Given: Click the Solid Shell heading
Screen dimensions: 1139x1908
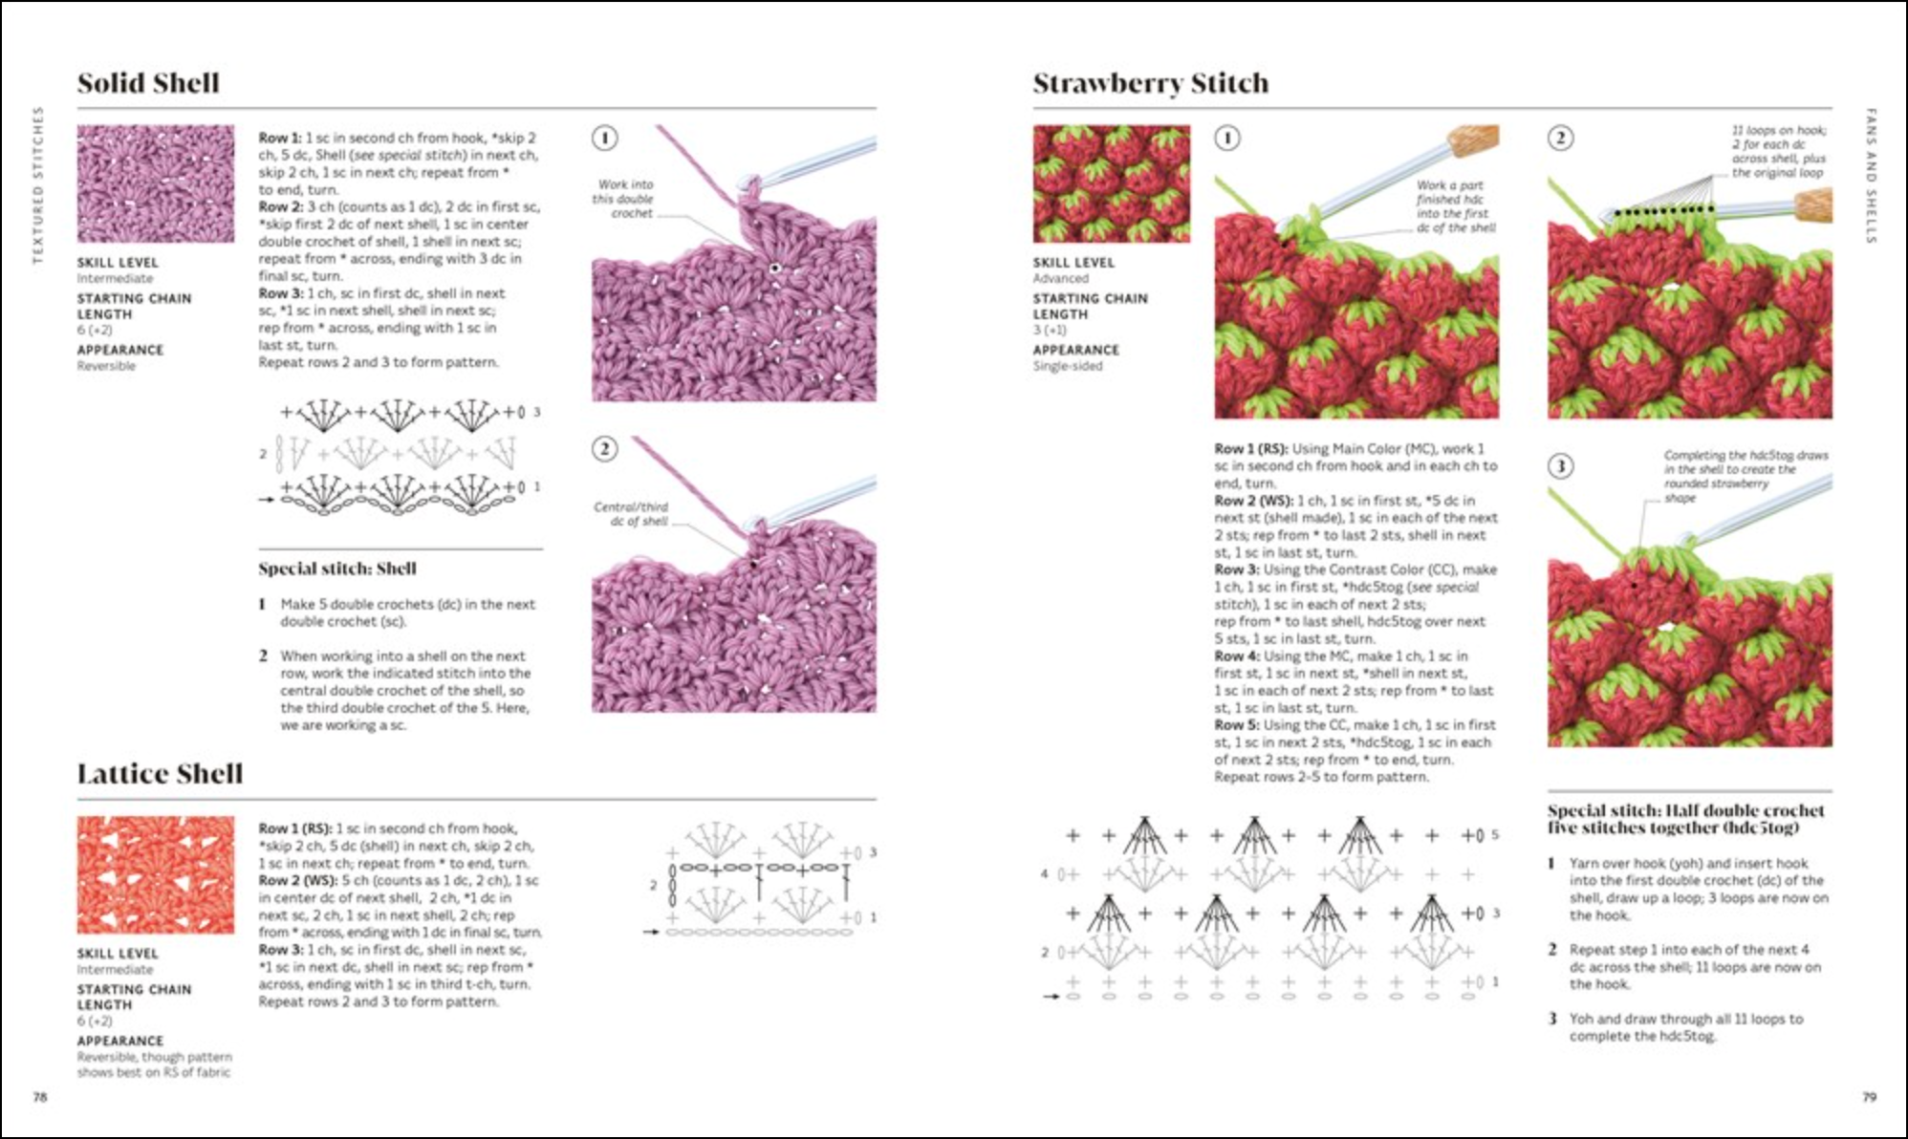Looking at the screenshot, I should [148, 83].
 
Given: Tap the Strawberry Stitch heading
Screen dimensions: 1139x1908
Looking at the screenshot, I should [1150, 83].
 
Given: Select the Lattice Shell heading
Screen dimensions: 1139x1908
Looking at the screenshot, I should [160, 773].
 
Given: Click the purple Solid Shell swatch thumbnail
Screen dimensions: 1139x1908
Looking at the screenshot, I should [155, 183].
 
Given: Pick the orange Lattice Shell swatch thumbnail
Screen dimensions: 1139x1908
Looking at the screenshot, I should [155, 874].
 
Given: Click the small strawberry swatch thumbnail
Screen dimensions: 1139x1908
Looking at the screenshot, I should [1111, 183].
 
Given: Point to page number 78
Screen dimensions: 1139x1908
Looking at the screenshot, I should [40, 1097].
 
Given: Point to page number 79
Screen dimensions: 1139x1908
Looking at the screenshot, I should [1869, 1097].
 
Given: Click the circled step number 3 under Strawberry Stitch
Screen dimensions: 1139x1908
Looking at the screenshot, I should [1559, 465].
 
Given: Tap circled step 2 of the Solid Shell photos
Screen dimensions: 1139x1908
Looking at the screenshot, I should [604, 448].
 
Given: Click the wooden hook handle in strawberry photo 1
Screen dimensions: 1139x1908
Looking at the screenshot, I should [1473, 142].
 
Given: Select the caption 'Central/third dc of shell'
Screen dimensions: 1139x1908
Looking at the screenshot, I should [631, 514].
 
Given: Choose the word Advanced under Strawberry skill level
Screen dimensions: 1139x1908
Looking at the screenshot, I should [1060, 278].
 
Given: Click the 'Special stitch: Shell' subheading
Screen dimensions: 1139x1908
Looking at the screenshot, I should [336, 569].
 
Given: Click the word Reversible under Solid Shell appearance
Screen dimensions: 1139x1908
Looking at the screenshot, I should [106, 366].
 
